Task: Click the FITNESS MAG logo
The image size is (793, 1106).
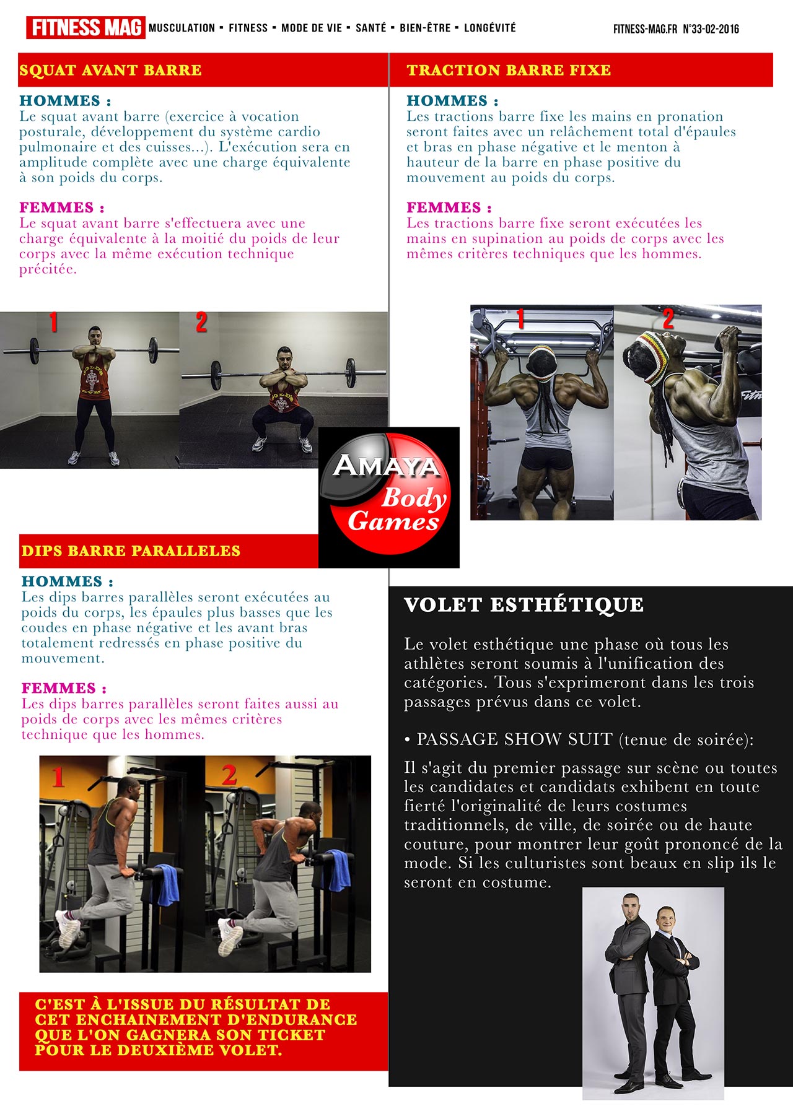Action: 85,28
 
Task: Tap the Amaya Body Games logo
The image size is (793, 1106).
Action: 389,497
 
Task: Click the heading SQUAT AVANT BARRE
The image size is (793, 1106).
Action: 110,70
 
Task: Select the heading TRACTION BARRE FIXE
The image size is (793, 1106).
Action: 509,70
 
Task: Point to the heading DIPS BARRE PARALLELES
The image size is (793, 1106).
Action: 131,551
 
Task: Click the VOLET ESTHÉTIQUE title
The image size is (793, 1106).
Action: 524,604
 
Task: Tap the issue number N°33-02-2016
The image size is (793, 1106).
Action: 711,28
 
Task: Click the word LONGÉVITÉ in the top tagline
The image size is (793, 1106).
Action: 489,28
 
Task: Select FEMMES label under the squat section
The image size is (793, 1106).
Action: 62,207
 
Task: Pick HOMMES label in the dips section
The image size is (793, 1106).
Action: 68,581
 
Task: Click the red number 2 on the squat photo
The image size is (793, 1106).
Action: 201,323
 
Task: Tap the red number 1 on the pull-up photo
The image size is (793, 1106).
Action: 520,318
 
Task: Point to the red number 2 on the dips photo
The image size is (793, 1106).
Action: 230,775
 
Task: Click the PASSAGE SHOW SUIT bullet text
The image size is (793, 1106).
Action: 579,739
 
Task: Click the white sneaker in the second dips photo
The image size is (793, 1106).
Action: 230,938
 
